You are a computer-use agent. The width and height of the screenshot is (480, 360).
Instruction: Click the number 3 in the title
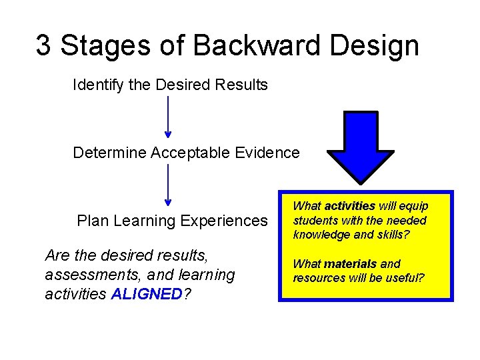click(x=44, y=45)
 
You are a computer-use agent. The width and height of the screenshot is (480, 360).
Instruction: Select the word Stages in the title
click(x=97, y=47)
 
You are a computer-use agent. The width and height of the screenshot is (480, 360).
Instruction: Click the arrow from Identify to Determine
click(x=167, y=117)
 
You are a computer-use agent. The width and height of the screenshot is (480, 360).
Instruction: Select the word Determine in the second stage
click(x=109, y=153)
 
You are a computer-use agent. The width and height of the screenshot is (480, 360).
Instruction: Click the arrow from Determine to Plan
click(x=167, y=185)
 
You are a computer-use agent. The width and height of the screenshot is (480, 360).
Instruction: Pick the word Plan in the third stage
click(x=92, y=221)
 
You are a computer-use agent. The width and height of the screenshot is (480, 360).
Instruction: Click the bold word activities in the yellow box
click(x=350, y=206)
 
